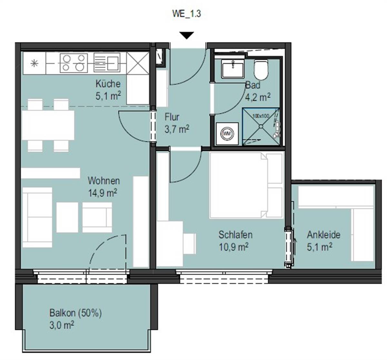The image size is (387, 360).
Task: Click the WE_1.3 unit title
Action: click(x=186, y=14)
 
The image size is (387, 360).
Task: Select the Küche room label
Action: click(x=108, y=84)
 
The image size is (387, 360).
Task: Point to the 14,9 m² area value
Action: click(x=103, y=193)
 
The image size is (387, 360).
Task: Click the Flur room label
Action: click(x=172, y=117)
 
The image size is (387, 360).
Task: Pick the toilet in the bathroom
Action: click(x=261, y=70)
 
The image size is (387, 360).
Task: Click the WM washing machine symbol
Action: click(x=227, y=134)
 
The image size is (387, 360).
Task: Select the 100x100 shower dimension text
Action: click(x=261, y=116)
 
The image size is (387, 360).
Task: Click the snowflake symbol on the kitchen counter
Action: click(x=35, y=63)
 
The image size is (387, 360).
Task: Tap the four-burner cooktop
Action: click(x=74, y=63)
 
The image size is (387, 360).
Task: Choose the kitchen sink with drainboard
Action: click(x=107, y=63)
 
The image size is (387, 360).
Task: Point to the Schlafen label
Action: click(x=235, y=235)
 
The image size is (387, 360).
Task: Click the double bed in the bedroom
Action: click(x=246, y=185)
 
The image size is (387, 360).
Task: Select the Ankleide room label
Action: click(x=324, y=235)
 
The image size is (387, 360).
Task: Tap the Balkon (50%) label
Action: click(x=75, y=313)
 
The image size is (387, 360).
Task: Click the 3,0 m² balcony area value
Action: click(x=62, y=325)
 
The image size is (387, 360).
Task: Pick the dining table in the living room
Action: click(x=48, y=125)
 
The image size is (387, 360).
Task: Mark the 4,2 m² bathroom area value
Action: click(x=258, y=97)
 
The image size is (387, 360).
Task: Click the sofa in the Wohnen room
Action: click(x=37, y=217)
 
